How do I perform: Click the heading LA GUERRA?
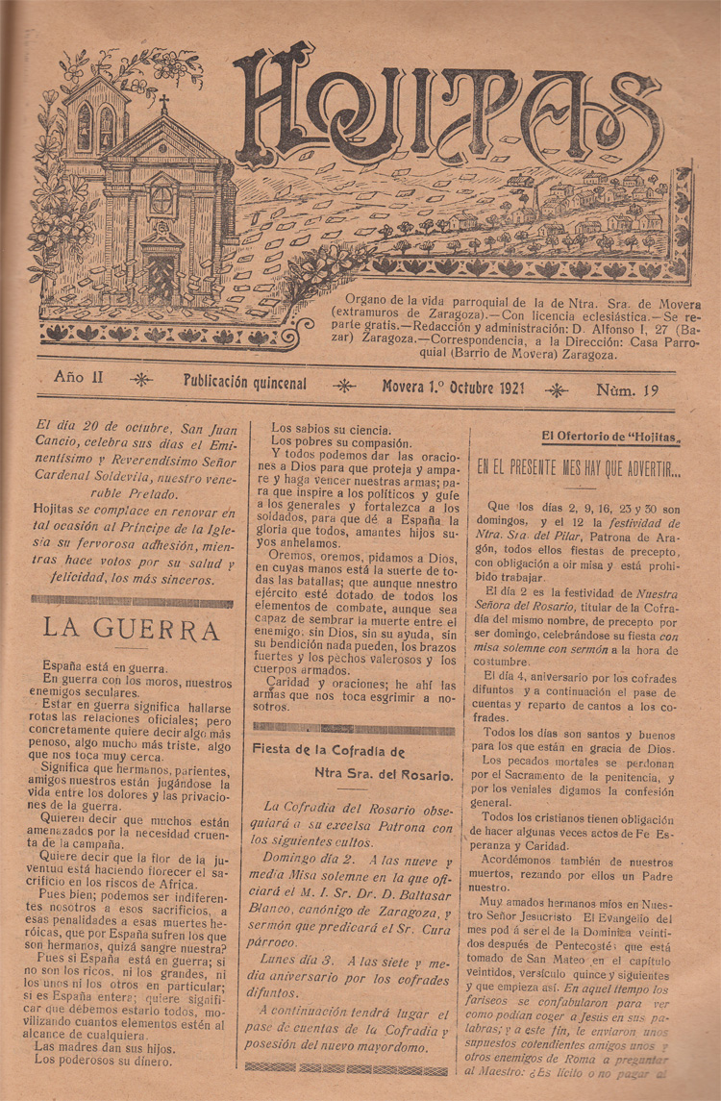[x=132, y=630]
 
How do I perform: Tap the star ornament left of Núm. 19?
[x=555, y=389]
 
